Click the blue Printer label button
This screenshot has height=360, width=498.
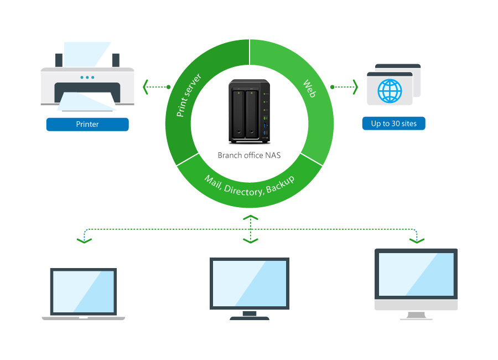(x=87, y=125)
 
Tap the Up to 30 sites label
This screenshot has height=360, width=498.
(x=393, y=123)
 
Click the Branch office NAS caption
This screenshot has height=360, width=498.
(x=249, y=155)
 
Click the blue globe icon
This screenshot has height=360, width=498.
(x=390, y=91)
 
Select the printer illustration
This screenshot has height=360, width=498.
(x=87, y=83)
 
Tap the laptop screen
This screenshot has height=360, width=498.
(x=84, y=291)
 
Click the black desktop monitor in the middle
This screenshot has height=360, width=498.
(x=250, y=283)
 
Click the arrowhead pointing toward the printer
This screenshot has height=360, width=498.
(x=146, y=87)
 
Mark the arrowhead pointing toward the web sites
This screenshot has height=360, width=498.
(x=355, y=87)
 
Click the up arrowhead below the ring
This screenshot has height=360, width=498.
(x=251, y=218)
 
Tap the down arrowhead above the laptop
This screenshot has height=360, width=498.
(x=84, y=240)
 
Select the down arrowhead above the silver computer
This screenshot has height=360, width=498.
(x=416, y=240)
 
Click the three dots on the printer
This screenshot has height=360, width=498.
(x=87, y=77)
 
